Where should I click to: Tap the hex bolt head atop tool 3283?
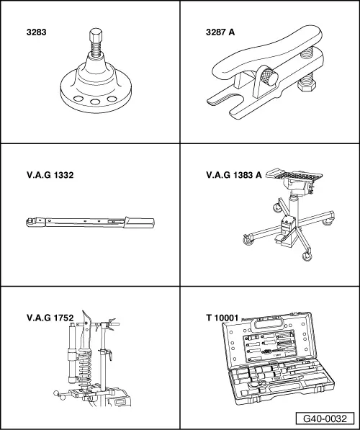tap(95, 36)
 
